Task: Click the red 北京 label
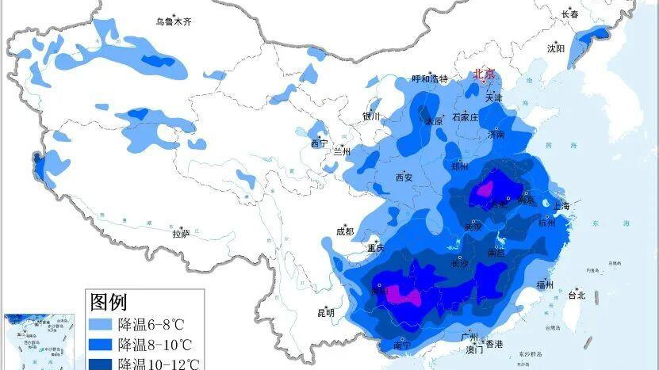tap(485, 74)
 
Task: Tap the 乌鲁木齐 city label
tap(173, 21)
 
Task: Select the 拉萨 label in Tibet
tap(181, 234)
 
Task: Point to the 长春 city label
tap(570, 14)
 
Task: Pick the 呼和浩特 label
tap(430, 79)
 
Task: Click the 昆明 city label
tap(326, 312)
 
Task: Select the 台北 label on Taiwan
tap(577, 296)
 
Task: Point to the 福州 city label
tap(544, 284)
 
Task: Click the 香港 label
tap(494, 344)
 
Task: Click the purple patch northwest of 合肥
tap(485, 189)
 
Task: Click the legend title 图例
tap(109, 302)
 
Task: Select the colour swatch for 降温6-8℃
tap(100, 324)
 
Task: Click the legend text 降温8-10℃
tap(157, 345)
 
